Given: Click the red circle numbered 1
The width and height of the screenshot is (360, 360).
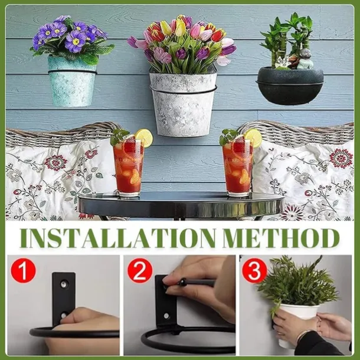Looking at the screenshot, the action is point(23,270).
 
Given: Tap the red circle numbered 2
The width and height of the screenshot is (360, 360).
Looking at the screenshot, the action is point(140,270).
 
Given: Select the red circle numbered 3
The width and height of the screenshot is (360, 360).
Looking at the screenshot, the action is point(254,270).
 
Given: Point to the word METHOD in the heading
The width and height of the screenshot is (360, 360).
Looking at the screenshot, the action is point(282,238).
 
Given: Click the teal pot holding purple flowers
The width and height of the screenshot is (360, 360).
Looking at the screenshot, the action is point(72,81).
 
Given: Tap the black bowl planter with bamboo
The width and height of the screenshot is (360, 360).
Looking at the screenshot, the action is point(290,86).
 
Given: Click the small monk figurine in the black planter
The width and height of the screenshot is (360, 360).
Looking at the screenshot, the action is point(305,59).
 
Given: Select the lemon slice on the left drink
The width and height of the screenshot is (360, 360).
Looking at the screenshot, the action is point(144,138).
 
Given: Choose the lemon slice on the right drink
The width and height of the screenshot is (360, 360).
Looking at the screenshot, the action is point(253,138).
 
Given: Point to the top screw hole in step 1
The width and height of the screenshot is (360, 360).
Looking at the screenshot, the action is point(64,284).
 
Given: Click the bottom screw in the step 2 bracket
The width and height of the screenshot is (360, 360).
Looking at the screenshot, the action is point(166,316).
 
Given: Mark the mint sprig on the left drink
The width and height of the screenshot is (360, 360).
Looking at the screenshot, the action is point(119,136).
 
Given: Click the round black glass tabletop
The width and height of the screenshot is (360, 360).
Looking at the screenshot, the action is point(181,204).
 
